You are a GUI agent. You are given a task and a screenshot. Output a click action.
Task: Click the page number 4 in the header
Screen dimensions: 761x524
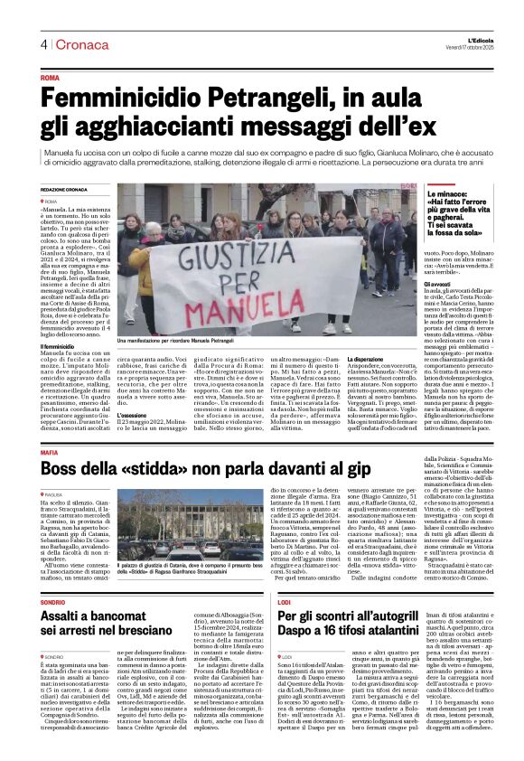point(42,44)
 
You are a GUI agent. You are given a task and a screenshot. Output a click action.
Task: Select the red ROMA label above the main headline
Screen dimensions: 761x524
point(51,79)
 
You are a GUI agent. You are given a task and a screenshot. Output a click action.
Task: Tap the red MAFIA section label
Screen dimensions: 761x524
point(50,453)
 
